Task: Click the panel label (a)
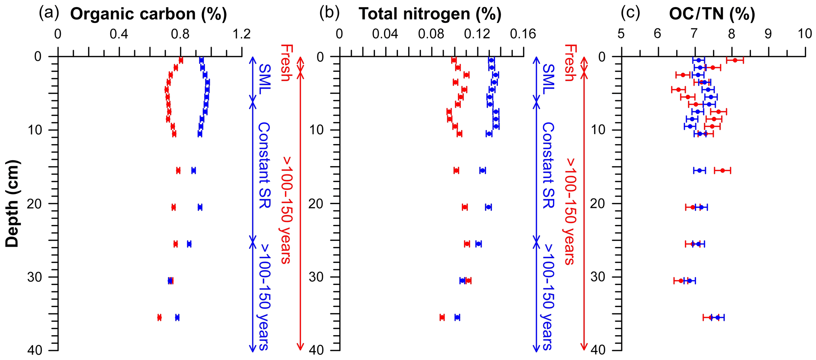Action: (x=49, y=14)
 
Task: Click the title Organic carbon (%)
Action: (x=148, y=14)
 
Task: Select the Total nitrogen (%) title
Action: (x=430, y=14)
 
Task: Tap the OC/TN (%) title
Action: (x=712, y=14)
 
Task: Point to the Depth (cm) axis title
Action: (x=13, y=204)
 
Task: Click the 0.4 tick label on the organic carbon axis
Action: (x=119, y=35)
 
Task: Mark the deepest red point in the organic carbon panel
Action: (x=159, y=317)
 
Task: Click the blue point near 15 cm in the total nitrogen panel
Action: (x=482, y=171)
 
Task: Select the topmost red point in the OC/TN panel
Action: (x=735, y=60)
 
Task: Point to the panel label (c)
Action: (x=630, y=14)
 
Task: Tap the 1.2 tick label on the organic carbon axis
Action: (x=242, y=35)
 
